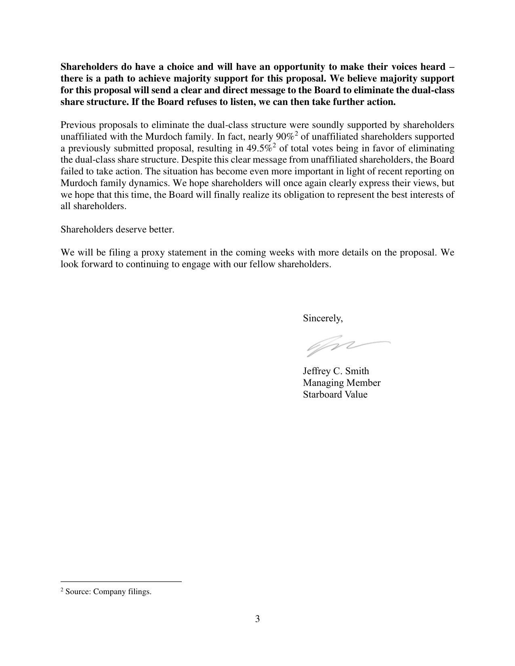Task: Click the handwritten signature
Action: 347,346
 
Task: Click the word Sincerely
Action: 323,318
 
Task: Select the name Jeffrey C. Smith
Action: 336,371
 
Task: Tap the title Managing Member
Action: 341,383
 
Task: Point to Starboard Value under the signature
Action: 335,394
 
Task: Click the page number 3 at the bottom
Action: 257,619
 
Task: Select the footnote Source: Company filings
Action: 108,592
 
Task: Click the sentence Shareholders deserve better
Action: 117,230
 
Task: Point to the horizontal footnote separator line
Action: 121,582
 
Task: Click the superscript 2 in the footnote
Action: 62,590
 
